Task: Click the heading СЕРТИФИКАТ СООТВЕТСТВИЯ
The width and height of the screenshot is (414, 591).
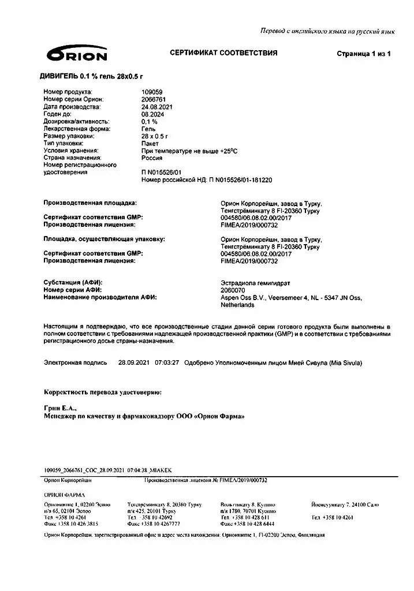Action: (x=223, y=53)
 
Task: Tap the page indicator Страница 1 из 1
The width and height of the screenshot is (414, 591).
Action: (x=364, y=54)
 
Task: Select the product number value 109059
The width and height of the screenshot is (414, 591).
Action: (x=152, y=92)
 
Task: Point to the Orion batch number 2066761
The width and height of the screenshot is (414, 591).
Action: (x=153, y=99)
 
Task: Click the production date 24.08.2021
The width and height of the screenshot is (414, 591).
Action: (x=157, y=107)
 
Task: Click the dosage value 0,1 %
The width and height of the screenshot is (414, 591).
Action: (x=150, y=122)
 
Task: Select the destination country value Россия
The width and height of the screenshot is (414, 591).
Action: (x=151, y=158)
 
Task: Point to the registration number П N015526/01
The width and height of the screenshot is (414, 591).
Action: (x=161, y=172)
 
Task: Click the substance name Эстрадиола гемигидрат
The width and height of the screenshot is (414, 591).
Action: (x=255, y=283)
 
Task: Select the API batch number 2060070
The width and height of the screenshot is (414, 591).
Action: (x=233, y=290)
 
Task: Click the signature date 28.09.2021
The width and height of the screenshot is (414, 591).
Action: (x=134, y=363)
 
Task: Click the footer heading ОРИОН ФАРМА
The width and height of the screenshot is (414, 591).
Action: (x=64, y=495)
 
